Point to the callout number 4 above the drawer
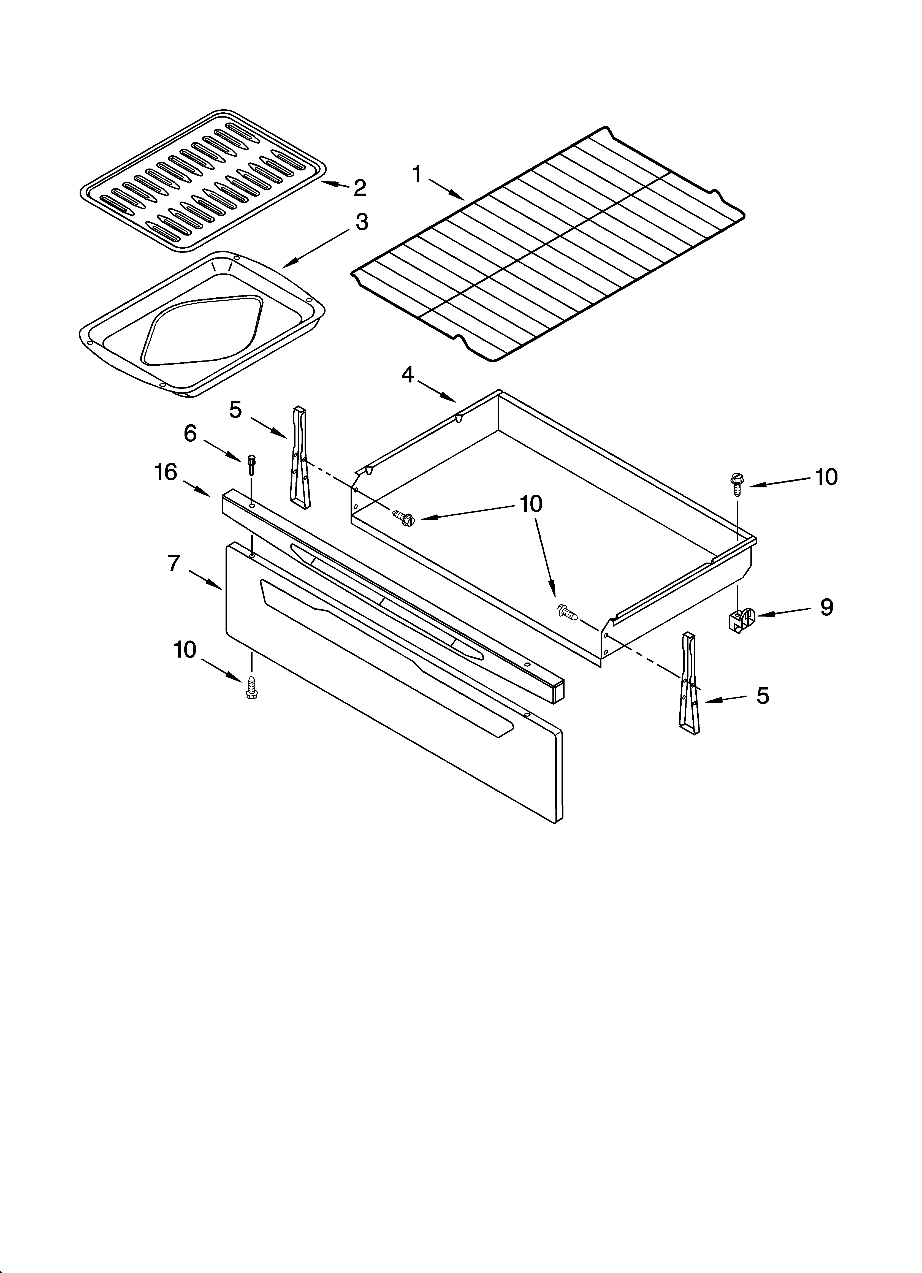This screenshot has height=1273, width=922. tap(408, 374)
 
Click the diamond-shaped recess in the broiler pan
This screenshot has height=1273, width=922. tap(202, 330)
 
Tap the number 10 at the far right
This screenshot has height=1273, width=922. tap(826, 477)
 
